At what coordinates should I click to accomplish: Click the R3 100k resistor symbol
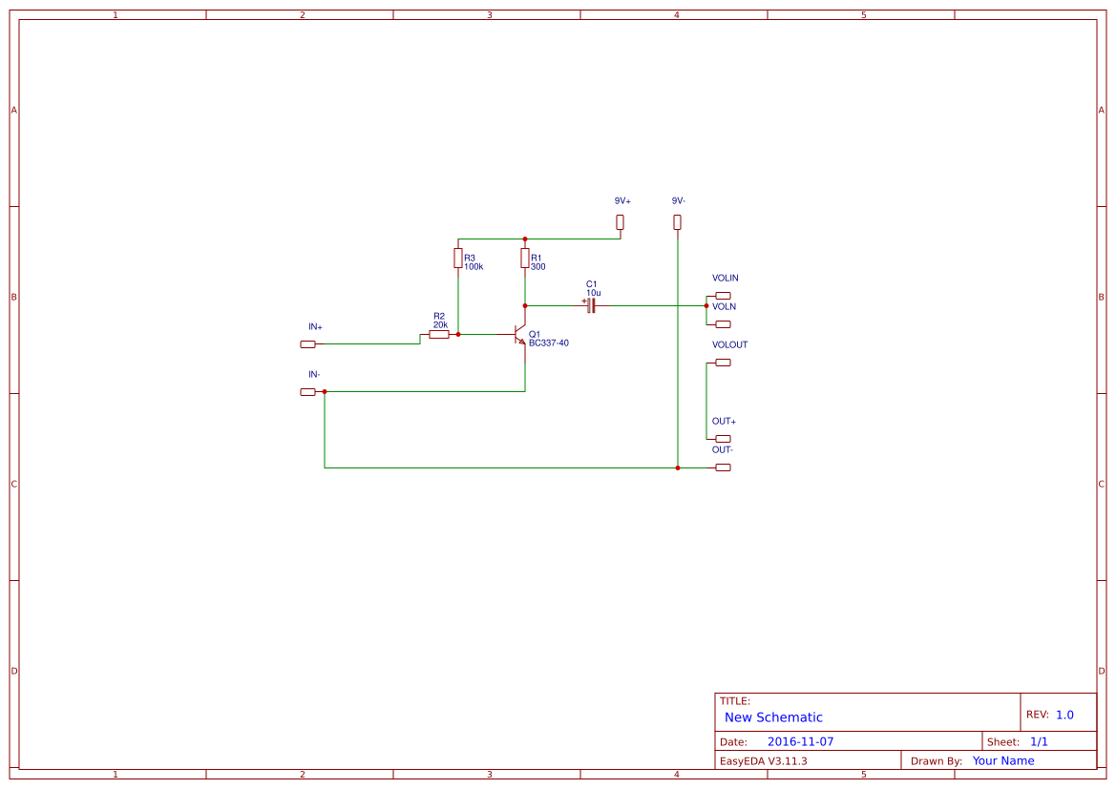[x=458, y=258]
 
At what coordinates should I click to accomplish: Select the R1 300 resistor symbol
[x=524, y=258]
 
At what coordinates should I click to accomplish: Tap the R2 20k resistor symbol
[x=439, y=335]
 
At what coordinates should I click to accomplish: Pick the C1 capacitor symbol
[x=592, y=305]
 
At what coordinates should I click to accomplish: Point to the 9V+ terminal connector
[x=620, y=222]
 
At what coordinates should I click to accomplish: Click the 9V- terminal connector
[x=677, y=222]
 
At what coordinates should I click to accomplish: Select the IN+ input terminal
[x=307, y=344]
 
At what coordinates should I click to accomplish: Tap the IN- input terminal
[x=307, y=392]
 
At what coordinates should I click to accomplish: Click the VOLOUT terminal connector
[x=723, y=363]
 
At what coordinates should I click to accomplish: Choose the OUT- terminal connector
[x=723, y=467]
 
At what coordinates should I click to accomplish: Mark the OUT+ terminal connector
[x=723, y=439]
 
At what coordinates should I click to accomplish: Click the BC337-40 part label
[x=549, y=343]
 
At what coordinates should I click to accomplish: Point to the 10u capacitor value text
[x=594, y=293]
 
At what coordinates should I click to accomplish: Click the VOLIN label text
[x=726, y=279]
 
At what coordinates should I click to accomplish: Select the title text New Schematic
[x=773, y=717]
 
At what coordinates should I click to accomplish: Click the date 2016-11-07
[x=800, y=741]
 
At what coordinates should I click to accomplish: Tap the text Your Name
[x=1003, y=761]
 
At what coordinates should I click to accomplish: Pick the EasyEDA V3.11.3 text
[x=763, y=761]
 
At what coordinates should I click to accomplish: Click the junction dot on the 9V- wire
[x=677, y=467]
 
